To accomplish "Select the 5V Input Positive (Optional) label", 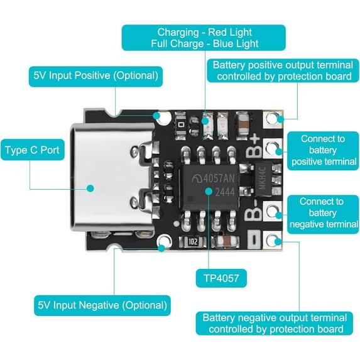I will click(x=95, y=75).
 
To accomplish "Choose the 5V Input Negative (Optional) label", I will click(x=102, y=306).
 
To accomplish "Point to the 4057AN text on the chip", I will click(x=217, y=177).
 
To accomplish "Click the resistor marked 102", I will click(x=194, y=241).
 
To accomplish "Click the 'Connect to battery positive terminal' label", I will click(x=322, y=150).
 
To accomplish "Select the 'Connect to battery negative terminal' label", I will click(x=322, y=213).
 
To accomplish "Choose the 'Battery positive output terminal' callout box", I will click(x=281, y=70).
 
